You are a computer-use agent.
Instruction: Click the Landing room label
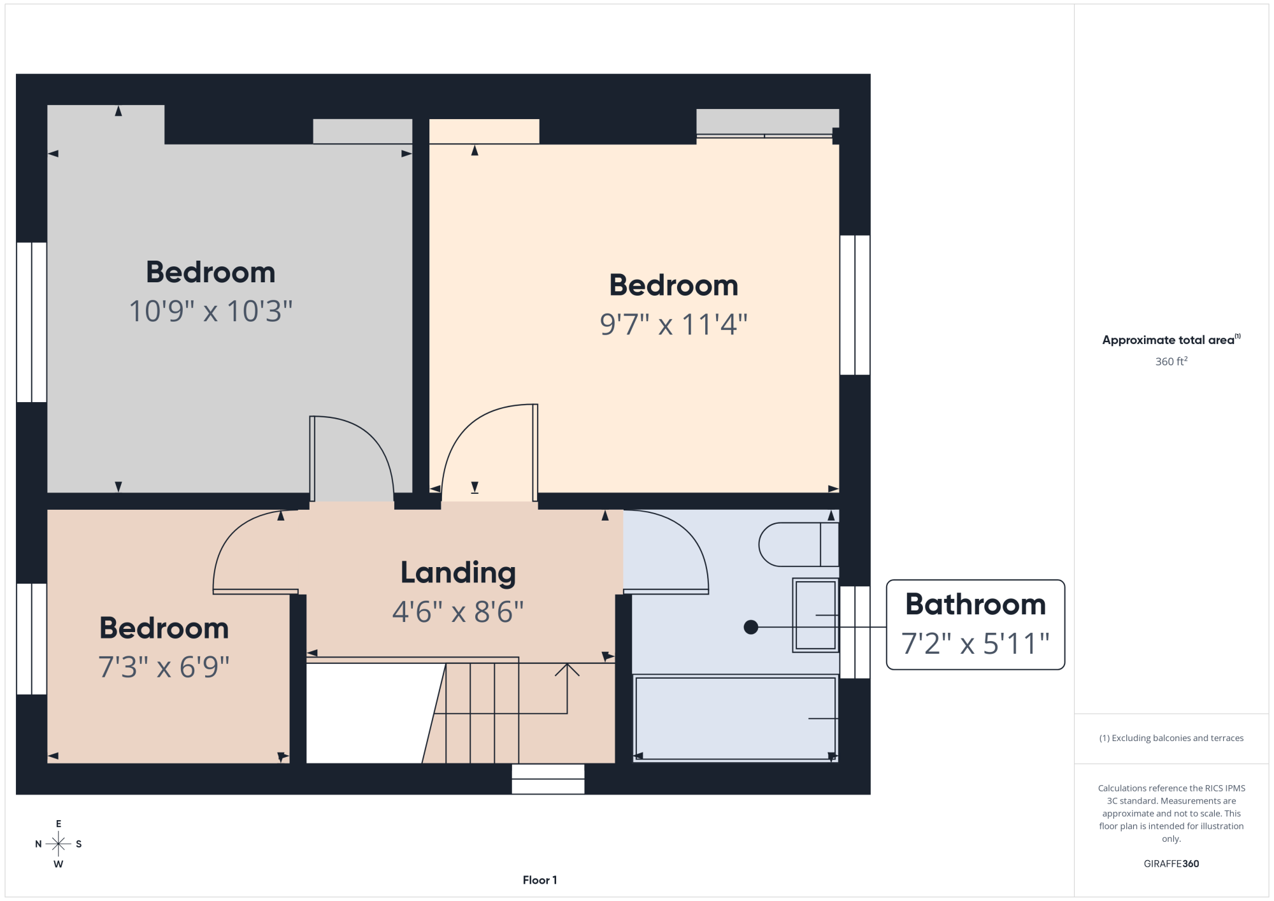[x=458, y=573]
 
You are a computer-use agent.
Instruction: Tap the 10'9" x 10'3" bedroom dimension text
[x=211, y=312]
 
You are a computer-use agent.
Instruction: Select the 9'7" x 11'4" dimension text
[x=673, y=324]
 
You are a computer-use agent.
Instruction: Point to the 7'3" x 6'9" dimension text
[x=164, y=667]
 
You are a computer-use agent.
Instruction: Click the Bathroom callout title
[x=975, y=604]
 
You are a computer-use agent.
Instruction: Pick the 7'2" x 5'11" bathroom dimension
[x=975, y=644]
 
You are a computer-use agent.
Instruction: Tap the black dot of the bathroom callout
[x=751, y=627]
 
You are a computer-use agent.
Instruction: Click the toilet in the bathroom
[x=799, y=544]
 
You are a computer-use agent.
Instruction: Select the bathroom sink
[x=815, y=615]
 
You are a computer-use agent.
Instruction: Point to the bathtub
[x=735, y=718]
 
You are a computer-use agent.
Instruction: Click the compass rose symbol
[x=58, y=844]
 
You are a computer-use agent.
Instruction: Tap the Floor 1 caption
[x=540, y=880]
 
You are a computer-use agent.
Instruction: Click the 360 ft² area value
[x=1171, y=361]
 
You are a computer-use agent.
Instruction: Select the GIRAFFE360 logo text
[x=1171, y=863]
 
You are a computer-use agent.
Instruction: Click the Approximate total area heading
[x=1171, y=340]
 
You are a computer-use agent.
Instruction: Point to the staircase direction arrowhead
[x=567, y=669]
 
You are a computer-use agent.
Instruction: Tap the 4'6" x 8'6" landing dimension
[x=458, y=612]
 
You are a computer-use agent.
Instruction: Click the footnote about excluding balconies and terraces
[x=1171, y=738]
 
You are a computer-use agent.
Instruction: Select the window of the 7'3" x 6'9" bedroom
[x=31, y=638]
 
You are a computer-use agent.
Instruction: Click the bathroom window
[x=855, y=632]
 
